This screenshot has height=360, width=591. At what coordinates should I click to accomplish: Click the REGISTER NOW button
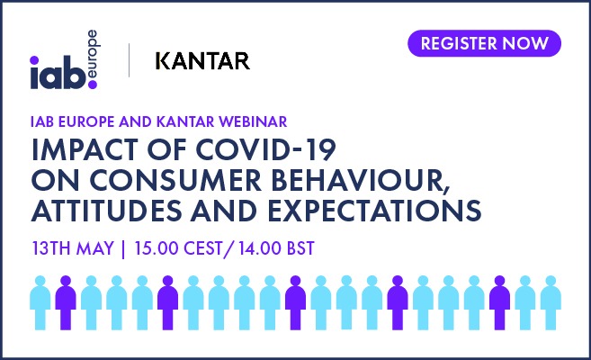pos(484,43)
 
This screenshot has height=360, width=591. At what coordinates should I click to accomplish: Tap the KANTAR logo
pos(202,61)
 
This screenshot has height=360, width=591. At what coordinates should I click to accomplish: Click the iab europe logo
pos(64,59)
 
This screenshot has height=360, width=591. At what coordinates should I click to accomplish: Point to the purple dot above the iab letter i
pos(34,60)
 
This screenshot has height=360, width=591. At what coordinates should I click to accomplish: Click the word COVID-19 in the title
pos(266,149)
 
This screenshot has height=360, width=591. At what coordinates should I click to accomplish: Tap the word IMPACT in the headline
pos(85,149)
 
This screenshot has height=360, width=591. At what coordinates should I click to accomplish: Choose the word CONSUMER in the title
pos(175,181)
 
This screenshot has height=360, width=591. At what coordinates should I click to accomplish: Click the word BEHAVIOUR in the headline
pos(361,181)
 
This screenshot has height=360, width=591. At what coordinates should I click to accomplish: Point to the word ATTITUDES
pos(107,211)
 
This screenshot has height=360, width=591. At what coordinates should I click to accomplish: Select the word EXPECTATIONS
pos(374,211)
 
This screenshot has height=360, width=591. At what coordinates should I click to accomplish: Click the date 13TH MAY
pos(73,248)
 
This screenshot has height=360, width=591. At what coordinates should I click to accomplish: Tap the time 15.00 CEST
pos(178,248)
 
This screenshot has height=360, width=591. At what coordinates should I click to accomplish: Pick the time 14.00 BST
pos(276,248)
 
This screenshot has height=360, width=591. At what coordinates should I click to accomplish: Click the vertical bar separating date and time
pos(123,249)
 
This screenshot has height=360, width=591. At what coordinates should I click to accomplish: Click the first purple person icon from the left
pos(66,302)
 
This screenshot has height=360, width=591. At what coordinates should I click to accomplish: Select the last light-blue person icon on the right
pos(551,302)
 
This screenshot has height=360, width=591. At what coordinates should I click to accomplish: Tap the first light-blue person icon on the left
pos(40,302)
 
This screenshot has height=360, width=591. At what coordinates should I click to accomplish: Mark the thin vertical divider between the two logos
pos(130,60)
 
